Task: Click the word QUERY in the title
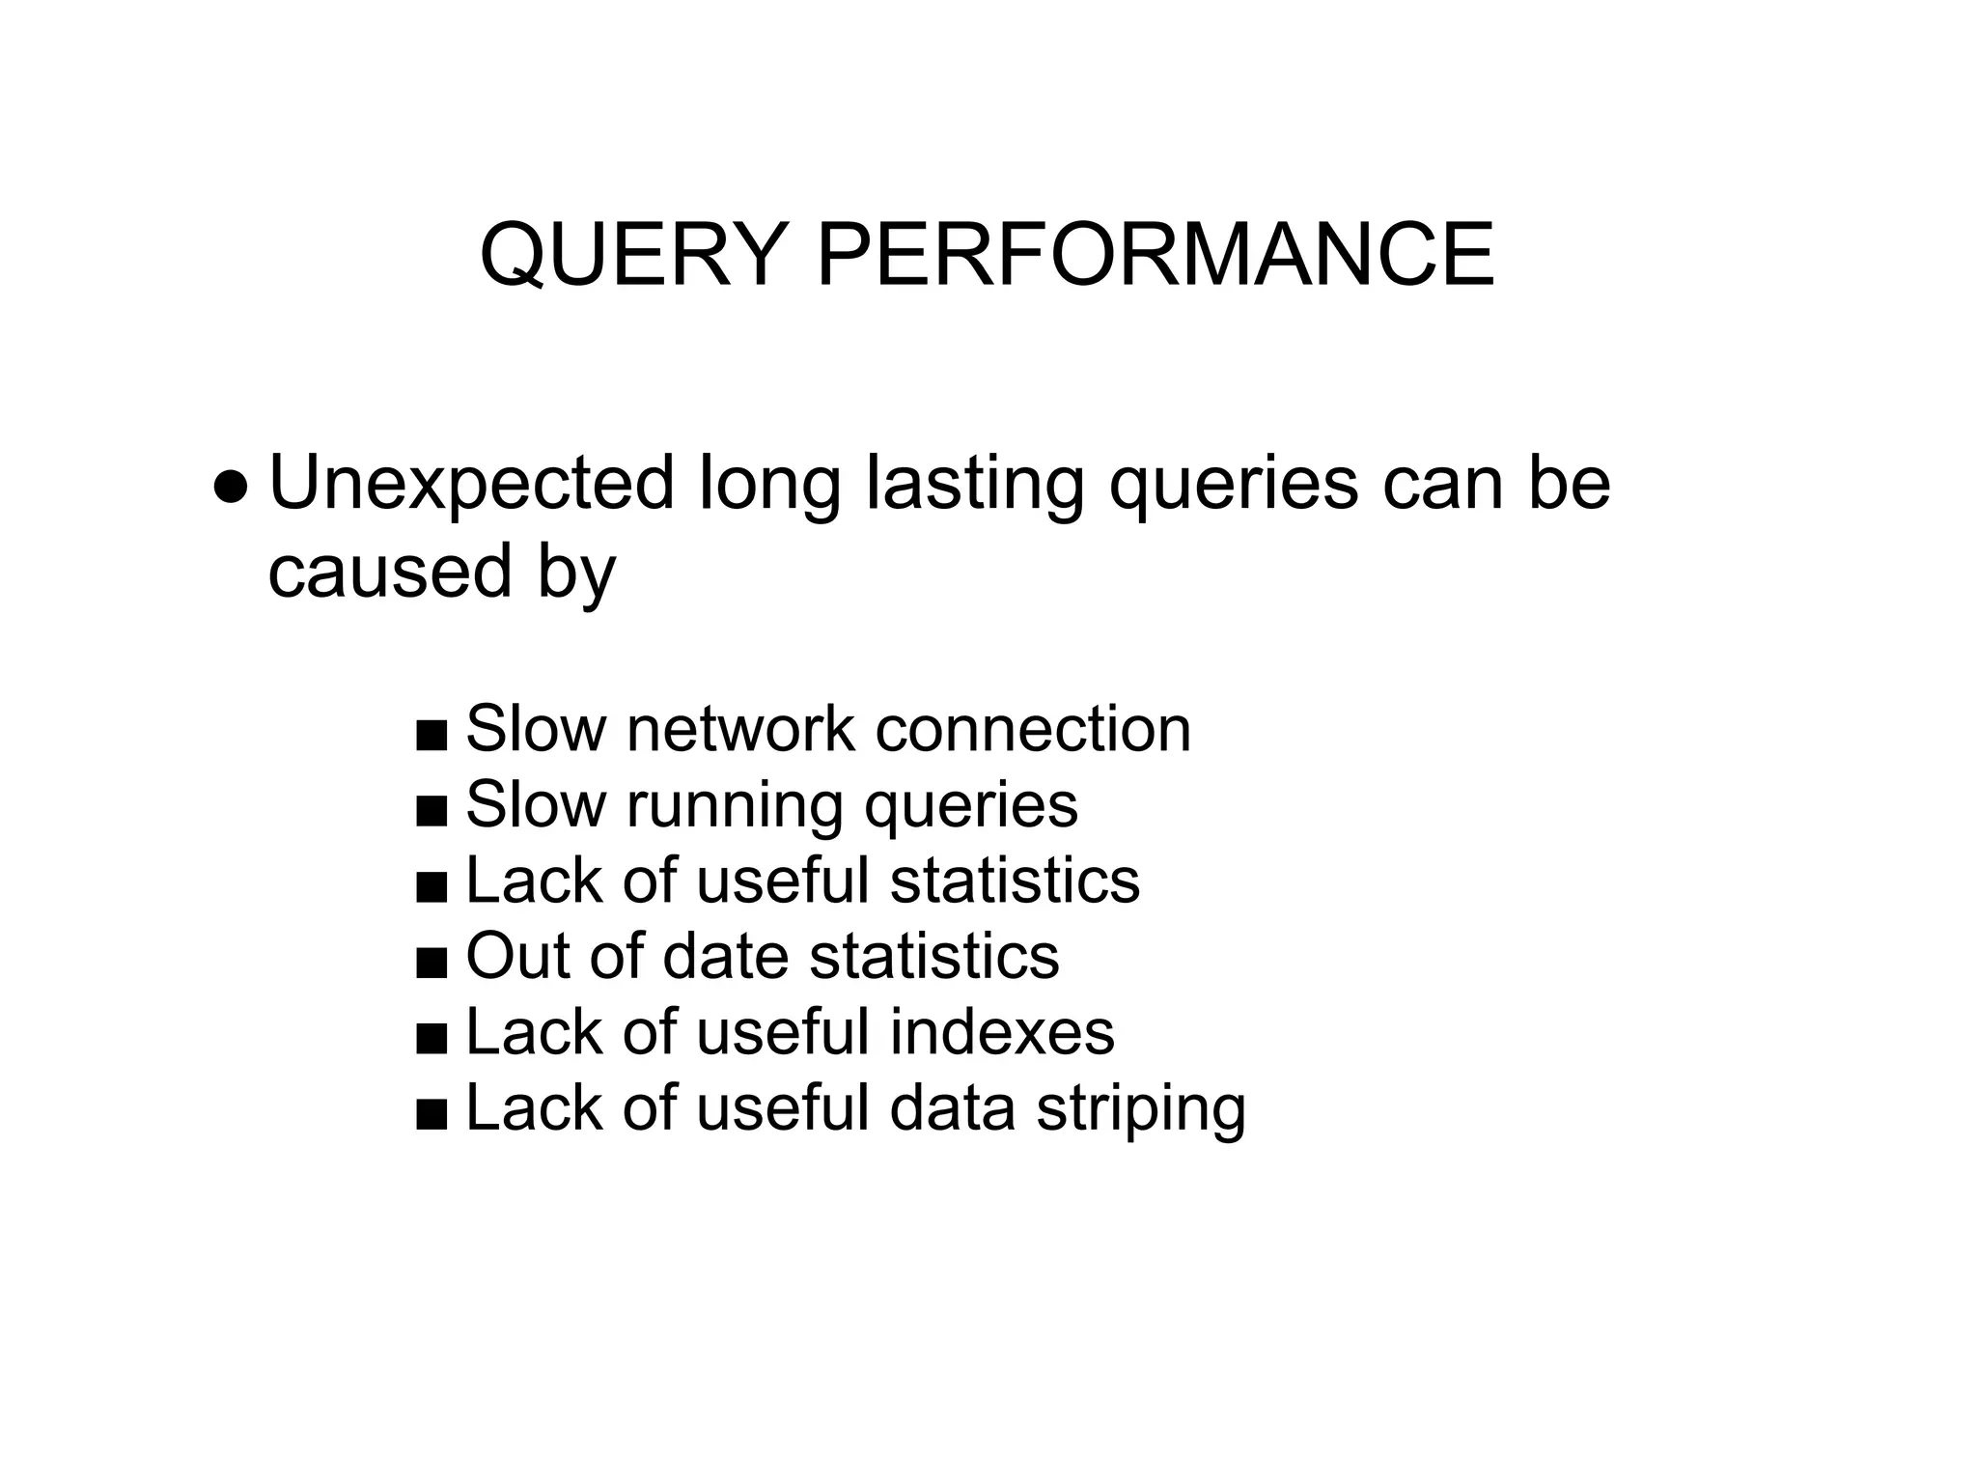(631, 255)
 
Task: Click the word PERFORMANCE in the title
(1156, 255)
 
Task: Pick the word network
(739, 729)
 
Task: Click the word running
(734, 805)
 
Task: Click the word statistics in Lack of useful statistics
(1015, 881)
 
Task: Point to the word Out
(517, 957)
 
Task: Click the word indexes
(1002, 1032)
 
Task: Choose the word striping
(1141, 1108)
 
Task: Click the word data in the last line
(952, 1108)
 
